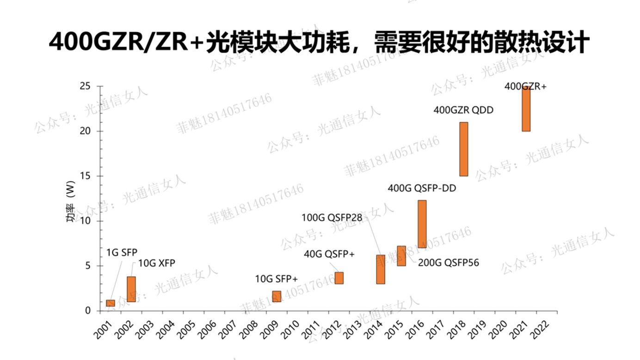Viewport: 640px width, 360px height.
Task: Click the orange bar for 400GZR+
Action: tap(526, 109)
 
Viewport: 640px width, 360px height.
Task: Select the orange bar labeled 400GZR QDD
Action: tap(463, 149)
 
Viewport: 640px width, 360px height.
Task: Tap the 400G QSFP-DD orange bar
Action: tap(422, 224)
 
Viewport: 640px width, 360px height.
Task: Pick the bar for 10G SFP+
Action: tap(277, 296)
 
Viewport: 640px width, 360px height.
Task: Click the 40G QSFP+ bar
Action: tap(339, 278)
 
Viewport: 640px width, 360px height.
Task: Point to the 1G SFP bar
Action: tap(110, 303)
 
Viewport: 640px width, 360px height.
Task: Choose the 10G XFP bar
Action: tap(131, 289)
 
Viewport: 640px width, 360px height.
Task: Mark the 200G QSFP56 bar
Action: tap(401, 256)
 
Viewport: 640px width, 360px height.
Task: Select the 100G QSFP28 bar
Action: tap(380, 269)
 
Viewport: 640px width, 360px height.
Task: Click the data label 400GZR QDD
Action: tap(463, 110)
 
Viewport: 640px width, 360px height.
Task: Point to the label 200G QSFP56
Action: tap(448, 263)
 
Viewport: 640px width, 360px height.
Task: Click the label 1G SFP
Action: tap(122, 252)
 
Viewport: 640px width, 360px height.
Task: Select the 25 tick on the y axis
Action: tap(86, 86)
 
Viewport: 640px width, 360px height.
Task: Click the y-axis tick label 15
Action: tap(86, 176)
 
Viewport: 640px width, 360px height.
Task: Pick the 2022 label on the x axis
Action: tap(540, 328)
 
